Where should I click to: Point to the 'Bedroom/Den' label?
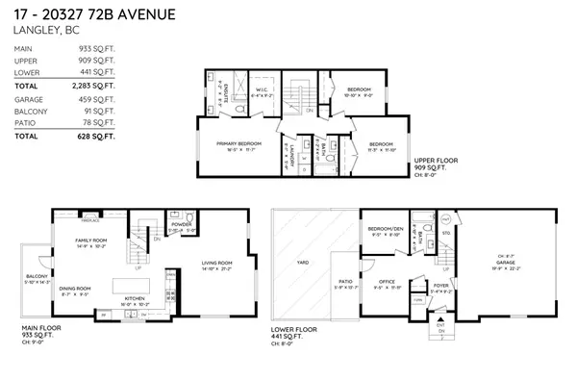386,229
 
